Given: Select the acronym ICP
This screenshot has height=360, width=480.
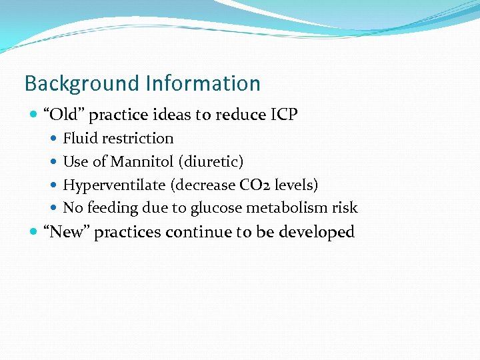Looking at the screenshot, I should (283, 115).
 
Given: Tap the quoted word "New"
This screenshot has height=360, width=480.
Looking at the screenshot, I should (66, 232).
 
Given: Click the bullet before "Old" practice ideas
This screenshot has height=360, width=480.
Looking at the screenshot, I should (34, 115).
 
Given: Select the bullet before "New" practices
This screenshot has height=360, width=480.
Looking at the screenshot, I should (34, 233).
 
